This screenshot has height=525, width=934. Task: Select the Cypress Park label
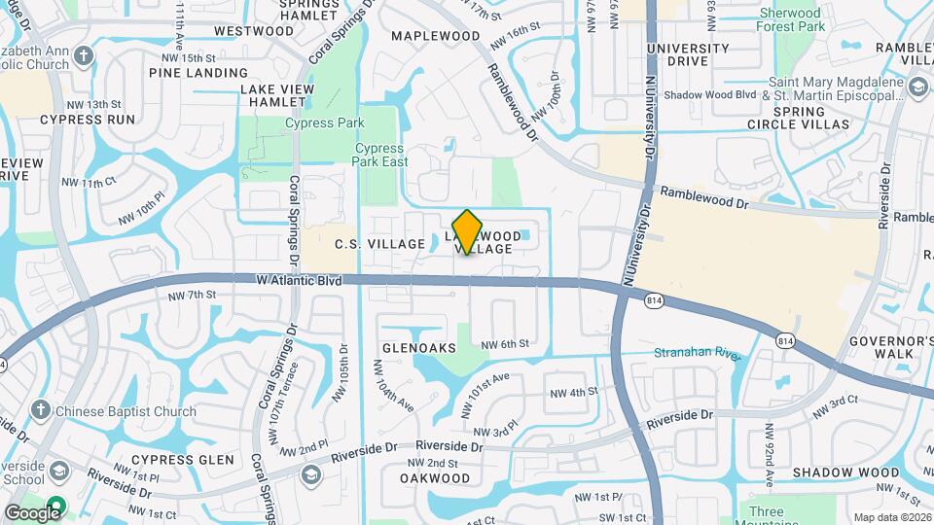pos(325,123)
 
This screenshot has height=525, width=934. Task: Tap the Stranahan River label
pos(697,353)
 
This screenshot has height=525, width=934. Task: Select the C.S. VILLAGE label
pos(379,243)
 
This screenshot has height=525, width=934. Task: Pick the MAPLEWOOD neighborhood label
pos(436,36)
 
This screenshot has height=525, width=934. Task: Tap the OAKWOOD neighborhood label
pos(435,478)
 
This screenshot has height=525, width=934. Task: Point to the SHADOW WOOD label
pos(845,472)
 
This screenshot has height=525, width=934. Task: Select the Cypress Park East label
pos(380,156)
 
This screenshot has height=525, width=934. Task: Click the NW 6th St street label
pos(506,343)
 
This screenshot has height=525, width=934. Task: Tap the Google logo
pos(32,512)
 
